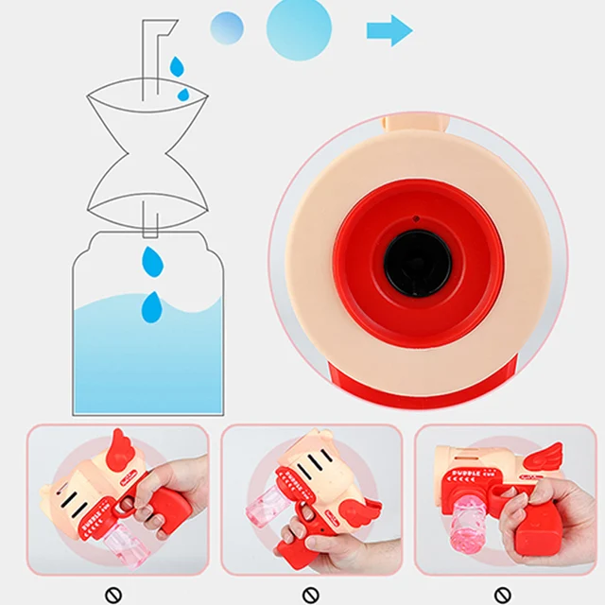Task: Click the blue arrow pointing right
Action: (389, 30)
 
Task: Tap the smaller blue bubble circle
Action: (227, 27)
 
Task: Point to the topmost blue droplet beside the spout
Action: (177, 66)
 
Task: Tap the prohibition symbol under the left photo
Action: (114, 595)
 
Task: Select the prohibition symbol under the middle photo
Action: (311, 595)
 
